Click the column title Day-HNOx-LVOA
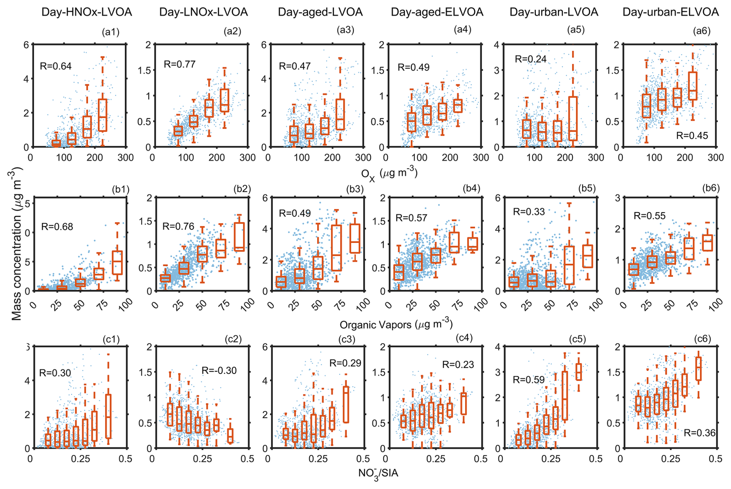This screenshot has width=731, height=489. [87, 12]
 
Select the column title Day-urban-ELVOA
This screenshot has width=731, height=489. [670, 12]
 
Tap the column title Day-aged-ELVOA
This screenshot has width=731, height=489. [437, 12]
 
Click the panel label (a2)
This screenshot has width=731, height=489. [232, 31]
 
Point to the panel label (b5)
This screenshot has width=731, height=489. [587, 188]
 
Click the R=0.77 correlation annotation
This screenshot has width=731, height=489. [180, 64]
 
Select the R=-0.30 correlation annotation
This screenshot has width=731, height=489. [219, 370]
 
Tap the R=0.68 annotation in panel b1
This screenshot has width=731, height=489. [57, 227]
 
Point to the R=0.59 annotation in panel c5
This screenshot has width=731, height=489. [529, 380]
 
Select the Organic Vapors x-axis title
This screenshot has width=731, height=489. [396, 324]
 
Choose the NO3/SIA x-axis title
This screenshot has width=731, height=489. [378, 473]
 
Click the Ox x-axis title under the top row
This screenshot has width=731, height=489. [389, 174]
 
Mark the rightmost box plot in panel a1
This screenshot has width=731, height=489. [102, 115]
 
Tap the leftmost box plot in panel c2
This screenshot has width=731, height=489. [170, 414]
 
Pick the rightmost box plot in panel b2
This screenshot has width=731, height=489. [240, 237]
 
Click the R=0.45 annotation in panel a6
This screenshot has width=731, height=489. [692, 135]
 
